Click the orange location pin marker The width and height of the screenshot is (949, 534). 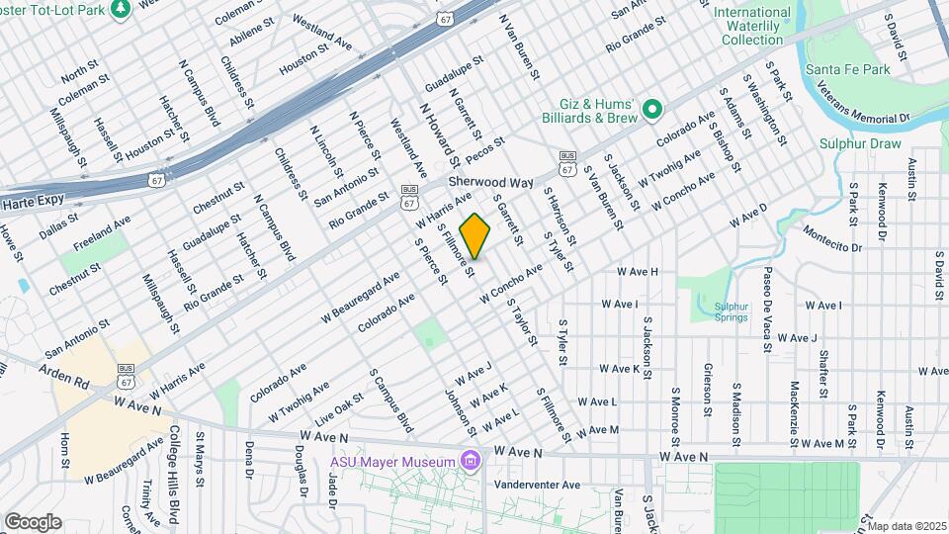point(475,237)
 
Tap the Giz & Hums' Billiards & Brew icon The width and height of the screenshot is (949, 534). point(652,110)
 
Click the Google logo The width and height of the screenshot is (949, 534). point(33,522)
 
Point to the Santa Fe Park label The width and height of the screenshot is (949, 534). point(848,68)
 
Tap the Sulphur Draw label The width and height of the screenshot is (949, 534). point(861,143)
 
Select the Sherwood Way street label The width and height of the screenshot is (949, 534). point(490,183)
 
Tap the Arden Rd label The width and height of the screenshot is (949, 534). point(64,375)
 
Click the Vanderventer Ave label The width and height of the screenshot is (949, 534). point(538,485)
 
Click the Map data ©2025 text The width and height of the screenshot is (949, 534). point(906,525)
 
